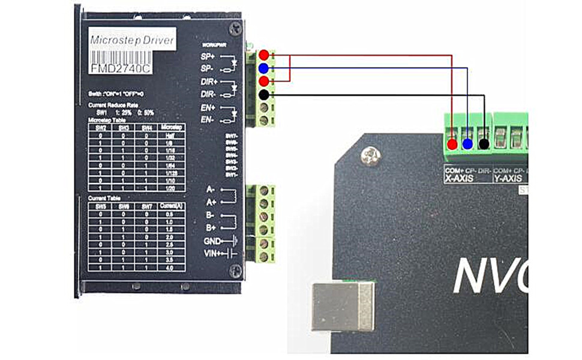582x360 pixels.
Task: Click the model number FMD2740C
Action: (120, 68)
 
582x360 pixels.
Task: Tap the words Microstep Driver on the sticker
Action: (132, 41)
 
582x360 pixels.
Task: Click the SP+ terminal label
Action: (208, 56)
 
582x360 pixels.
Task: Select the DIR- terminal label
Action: (208, 94)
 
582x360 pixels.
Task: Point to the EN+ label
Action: (208, 107)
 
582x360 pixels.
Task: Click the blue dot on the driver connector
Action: (263, 68)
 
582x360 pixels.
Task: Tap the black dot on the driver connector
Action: (263, 95)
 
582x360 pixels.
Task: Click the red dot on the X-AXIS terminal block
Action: (452, 144)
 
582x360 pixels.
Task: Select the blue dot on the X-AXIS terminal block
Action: (467, 144)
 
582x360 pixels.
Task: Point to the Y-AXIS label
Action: (508, 178)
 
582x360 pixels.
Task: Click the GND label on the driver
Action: (212, 241)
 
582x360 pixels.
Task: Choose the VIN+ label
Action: (212, 253)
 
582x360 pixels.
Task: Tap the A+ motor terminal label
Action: (211, 203)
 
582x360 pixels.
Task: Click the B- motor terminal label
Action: (211, 215)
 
